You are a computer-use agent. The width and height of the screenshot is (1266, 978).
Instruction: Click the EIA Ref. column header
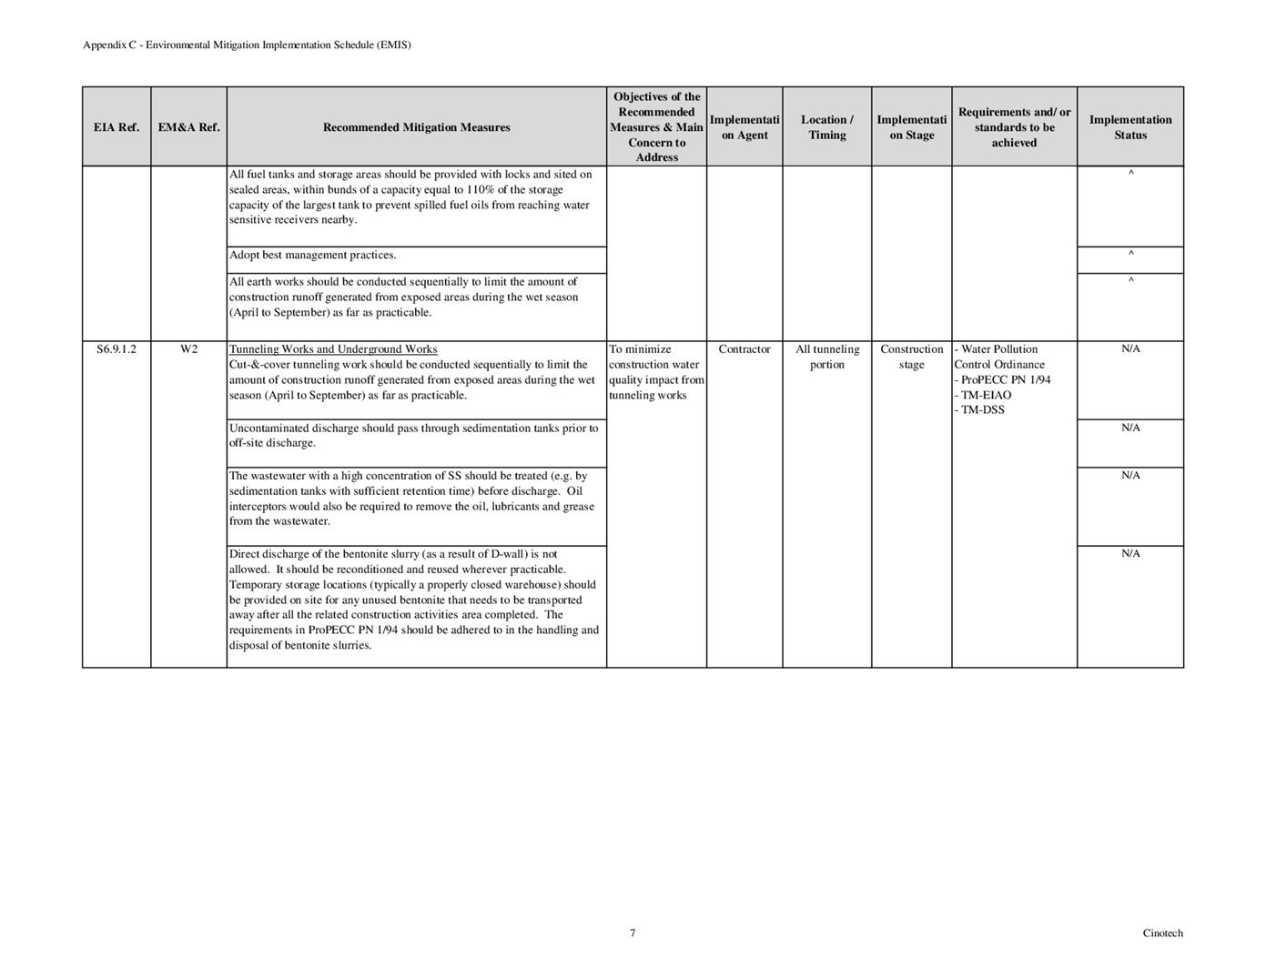click(116, 127)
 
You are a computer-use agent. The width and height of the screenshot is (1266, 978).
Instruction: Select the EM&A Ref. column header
click(188, 127)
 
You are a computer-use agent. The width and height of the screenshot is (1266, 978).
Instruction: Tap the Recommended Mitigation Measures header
click(416, 127)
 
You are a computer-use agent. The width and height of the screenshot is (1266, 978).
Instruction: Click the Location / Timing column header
click(826, 127)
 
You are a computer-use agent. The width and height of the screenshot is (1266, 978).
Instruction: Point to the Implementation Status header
click(1130, 127)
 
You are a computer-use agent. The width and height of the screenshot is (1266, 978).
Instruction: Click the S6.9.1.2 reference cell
click(116, 349)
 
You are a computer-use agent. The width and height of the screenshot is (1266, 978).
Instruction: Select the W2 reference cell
click(188, 349)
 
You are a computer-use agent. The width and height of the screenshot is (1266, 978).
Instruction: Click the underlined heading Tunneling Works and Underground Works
click(333, 349)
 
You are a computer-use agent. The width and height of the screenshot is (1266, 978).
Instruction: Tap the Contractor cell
click(744, 349)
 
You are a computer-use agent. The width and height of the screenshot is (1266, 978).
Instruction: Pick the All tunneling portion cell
click(826, 357)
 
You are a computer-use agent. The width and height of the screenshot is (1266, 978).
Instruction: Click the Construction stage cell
click(911, 357)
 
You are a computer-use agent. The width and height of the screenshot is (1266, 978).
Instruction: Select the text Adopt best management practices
click(312, 256)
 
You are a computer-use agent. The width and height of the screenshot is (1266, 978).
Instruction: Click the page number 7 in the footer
click(633, 933)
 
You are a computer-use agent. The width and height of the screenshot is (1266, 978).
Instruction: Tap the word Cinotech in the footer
click(1162, 933)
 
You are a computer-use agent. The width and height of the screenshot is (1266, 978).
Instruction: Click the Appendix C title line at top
click(247, 45)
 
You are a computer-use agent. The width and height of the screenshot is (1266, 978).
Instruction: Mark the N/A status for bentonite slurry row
click(1130, 554)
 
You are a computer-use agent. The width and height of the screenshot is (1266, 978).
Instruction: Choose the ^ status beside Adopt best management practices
click(1130, 254)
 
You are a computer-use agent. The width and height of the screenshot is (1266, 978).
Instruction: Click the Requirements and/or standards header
click(1014, 127)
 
